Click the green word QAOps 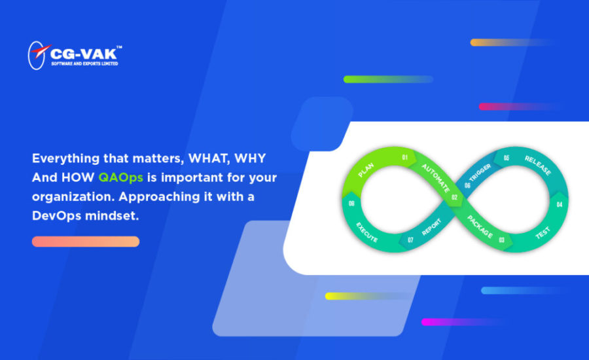(x=120, y=178)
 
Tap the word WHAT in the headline (x=209, y=158)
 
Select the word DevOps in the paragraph (x=56, y=216)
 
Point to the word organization (x=73, y=197)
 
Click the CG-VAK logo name (x=83, y=54)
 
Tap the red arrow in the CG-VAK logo (x=41, y=51)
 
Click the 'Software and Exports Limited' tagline (x=84, y=63)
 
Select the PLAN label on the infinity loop (x=365, y=170)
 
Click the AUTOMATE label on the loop (x=435, y=178)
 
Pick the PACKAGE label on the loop (x=480, y=226)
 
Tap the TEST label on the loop (x=543, y=232)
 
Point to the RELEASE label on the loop (x=538, y=166)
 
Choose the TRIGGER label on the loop (x=480, y=173)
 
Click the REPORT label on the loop (x=431, y=227)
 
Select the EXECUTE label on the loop (x=366, y=232)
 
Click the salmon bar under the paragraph (x=86, y=242)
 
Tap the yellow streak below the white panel (x=366, y=296)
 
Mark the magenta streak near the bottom (x=462, y=322)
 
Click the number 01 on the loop (x=404, y=158)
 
